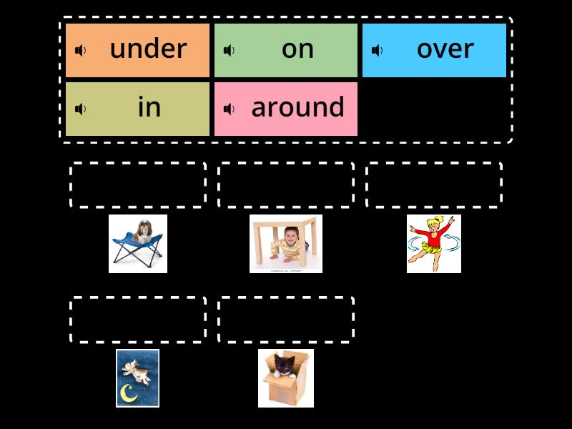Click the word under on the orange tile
coord(148,49)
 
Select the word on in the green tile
coord(297,49)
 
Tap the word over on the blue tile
coord(445,49)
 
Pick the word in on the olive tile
coord(149,108)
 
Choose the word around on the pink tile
coord(297,108)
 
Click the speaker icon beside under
coord(81,50)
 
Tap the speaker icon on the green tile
coord(230,50)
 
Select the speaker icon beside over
coord(378,50)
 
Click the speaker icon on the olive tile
coord(81,109)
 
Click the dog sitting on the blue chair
coord(142,230)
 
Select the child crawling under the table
coord(284,247)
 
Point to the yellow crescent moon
coord(129,393)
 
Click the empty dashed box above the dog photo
coord(138,185)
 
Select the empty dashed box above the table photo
coord(286,185)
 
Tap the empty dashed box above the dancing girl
coord(434,185)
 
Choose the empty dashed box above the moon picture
coord(138,320)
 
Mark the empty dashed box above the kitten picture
coord(286,320)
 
